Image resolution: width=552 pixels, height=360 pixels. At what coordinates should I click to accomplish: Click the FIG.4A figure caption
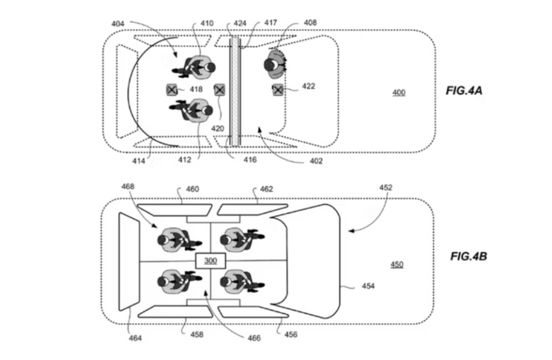click(x=464, y=91)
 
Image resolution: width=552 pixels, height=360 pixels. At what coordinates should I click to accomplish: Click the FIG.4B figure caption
click(x=468, y=256)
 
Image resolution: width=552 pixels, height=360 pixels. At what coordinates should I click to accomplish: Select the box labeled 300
click(x=210, y=261)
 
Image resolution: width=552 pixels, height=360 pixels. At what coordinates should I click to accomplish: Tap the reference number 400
click(x=398, y=93)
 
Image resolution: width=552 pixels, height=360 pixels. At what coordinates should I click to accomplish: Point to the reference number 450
click(x=396, y=265)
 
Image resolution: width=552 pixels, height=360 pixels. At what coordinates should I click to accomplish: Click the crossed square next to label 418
click(x=171, y=89)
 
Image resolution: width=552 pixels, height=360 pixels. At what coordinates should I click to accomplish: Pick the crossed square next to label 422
click(x=278, y=89)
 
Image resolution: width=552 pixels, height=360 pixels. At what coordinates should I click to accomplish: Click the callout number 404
click(x=119, y=23)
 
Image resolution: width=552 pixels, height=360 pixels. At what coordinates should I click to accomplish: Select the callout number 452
click(x=385, y=188)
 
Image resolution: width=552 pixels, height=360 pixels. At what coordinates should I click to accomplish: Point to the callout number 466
click(x=254, y=338)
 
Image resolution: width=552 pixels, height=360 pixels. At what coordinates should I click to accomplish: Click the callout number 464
click(x=135, y=338)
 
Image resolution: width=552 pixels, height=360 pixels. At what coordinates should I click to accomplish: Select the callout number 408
click(x=310, y=23)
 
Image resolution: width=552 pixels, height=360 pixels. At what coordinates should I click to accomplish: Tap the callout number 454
click(x=368, y=286)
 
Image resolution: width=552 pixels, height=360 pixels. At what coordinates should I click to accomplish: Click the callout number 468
click(x=128, y=187)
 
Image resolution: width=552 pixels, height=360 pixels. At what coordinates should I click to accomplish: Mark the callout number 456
click(x=291, y=335)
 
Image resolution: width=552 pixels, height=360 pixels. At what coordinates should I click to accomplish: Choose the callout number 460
click(x=192, y=189)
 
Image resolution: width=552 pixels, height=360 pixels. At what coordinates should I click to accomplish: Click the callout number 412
click(x=199, y=160)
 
